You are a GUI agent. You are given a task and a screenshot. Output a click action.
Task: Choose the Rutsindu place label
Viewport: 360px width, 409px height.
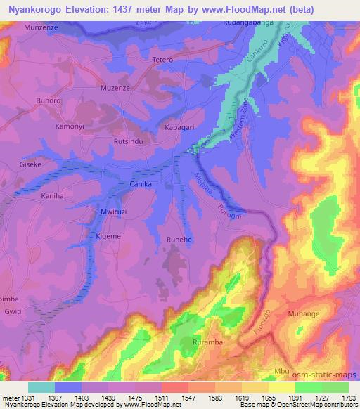128,141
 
